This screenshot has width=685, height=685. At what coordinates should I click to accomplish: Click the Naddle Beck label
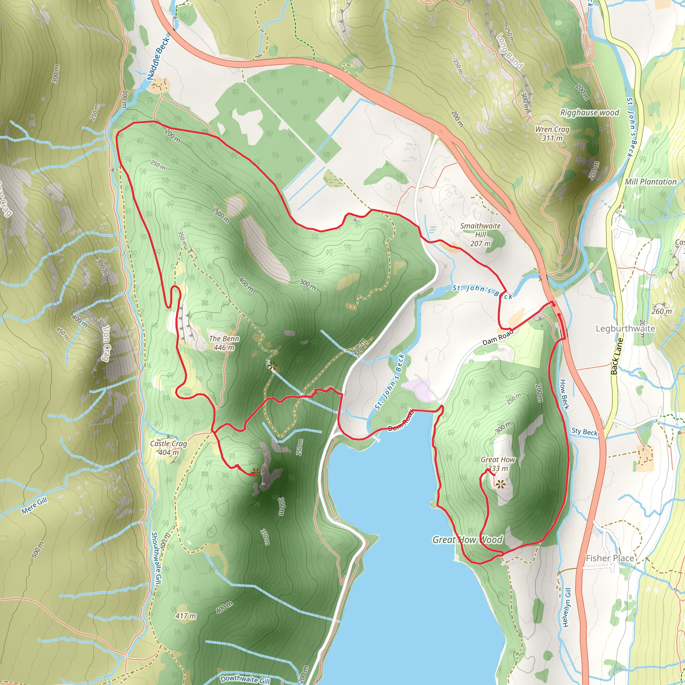[x=159, y=58]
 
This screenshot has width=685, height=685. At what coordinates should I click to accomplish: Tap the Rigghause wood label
[x=589, y=113]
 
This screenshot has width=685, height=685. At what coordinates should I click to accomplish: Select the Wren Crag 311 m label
[x=552, y=134]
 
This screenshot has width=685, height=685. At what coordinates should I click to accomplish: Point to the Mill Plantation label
[x=651, y=182]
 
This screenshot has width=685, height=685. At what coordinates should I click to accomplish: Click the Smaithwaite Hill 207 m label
[x=480, y=234]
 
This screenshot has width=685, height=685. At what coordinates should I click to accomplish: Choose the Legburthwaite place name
[x=625, y=328]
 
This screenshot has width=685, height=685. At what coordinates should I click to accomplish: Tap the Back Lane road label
[x=617, y=356]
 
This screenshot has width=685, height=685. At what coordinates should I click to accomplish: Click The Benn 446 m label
[x=224, y=343]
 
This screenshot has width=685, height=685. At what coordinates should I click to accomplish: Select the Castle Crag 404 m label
[x=169, y=448]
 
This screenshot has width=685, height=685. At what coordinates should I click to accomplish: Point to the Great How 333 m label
[x=498, y=464]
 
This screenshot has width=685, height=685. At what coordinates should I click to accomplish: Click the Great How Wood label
[x=467, y=540]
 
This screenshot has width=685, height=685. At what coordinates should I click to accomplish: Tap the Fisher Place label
[x=609, y=558]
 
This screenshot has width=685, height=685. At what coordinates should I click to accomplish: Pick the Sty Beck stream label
[x=584, y=431]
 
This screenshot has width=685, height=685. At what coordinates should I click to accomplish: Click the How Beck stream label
[x=564, y=394]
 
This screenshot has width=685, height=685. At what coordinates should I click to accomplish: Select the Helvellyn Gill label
[x=566, y=607]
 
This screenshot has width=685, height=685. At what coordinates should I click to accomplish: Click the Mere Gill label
[x=34, y=506]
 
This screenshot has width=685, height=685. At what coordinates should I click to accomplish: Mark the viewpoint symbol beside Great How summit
[x=500, y=484]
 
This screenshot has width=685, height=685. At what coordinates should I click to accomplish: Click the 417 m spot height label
[x=185, y=616]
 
